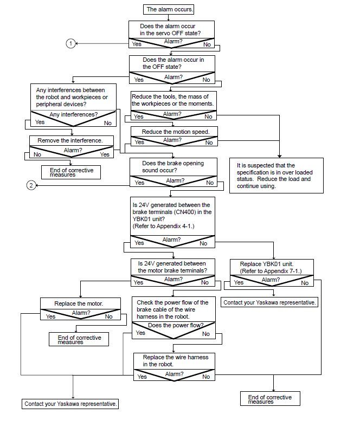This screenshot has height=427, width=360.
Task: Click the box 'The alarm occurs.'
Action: pyautogui.click(x=169, y=9)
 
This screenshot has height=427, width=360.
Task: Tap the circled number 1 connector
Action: pyautogui.click(x=70, y=43)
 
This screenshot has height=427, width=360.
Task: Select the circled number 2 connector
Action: pyautogui.click(x=31, y=185)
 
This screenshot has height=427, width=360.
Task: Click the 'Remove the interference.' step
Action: pyautogui.click(x=70, y=140)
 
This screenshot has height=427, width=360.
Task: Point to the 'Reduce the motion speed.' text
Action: pyautogui.click(x=176, y=132)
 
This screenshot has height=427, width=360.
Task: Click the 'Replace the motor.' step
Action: pyautogui.click(x=79, y=303)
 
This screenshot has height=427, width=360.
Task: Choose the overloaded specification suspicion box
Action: pyautogui.click(x=277, y=176)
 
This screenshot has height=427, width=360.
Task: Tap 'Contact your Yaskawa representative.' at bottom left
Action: pyautogui.click(x=70, y=404)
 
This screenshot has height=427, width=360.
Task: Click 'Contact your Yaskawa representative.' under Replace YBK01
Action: pyautogui.click(x=269, y=302)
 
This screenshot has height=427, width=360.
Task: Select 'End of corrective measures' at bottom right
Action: pyautogui.click(x=270, y=399)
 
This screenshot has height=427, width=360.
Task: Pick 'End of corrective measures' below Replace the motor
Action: pyautogui.click(x=79, y=339)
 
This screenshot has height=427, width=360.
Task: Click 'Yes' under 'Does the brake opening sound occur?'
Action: pyautogui.click(x=139, y=183)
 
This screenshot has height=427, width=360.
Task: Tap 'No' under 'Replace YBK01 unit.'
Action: pyautogui.click(x=305, y=283)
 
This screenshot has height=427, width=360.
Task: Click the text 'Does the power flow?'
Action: pyautogui.click(x=176, y=325)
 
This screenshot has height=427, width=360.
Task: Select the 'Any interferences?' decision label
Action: pyautogui.click(x=74, y=114)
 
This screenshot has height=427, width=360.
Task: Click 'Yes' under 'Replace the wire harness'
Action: pyautogui.click(x=142, y=377)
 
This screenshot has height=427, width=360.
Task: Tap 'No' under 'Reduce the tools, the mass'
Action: pyautogui.click(x=209, y=117)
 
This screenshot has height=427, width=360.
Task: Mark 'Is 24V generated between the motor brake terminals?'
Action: pyautogui.click(x=172, y=267)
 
